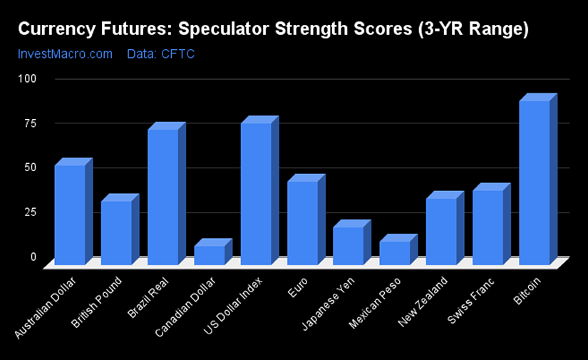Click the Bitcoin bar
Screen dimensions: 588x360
click(x=538, y=179)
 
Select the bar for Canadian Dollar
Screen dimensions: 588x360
click(x=213, y=252)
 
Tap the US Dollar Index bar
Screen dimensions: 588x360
click(x=259, y=190)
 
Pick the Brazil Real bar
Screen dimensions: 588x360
click(x=167, y=193)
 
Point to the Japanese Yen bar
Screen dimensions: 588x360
click(x=352, y=242)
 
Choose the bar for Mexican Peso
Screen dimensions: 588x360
click(x=398, y=250)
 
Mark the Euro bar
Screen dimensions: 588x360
click(x=306, y=220)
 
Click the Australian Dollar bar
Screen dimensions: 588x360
click(x=73, y=212)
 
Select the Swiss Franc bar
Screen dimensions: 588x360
click(x=491, y=225)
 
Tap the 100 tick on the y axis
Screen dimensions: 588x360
click(x=27, y=78)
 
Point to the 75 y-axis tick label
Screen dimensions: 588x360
click(x=31, y=123)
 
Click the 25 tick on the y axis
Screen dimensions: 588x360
click(x=31, y=212)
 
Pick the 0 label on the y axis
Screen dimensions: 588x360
click(x=33, y=257)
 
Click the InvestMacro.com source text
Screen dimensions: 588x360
click(x=66, y=54)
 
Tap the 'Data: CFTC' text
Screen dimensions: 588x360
click(x=161, y=54)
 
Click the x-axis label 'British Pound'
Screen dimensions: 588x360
click(x=97, y=302)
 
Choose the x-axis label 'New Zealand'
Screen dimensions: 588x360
click(x=423, y=302)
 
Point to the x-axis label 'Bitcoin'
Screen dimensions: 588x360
click(x=527, y=291)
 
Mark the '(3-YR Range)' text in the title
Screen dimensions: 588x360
click(x=473, y=29)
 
